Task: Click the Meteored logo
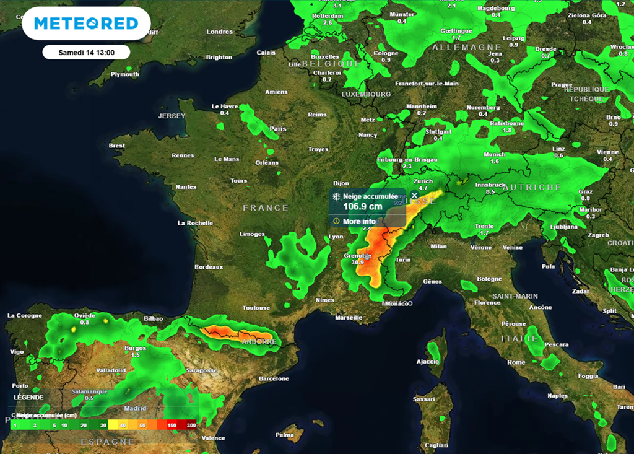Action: (x=86, y=24)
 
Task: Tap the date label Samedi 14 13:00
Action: (x=86, y=52)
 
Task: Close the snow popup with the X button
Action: (x=414, y=195)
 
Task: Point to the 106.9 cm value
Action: (x=363, y=206)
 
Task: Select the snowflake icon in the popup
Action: (x=337, y=196)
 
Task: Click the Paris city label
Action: (x=278, y=129)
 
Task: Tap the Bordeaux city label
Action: (x=209, y=268)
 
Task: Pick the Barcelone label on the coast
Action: (x=274, y=378)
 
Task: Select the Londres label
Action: (x=219, y=32)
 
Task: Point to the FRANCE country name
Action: (x=266, y=208)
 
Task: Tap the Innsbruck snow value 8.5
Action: (x=490, y=192)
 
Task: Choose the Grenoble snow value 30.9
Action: (x=358, y=262)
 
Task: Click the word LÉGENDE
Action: (x=29, y=397)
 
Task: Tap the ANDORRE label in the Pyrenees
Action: (x=259, y=341)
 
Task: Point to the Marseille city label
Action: (x=349, y=318)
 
